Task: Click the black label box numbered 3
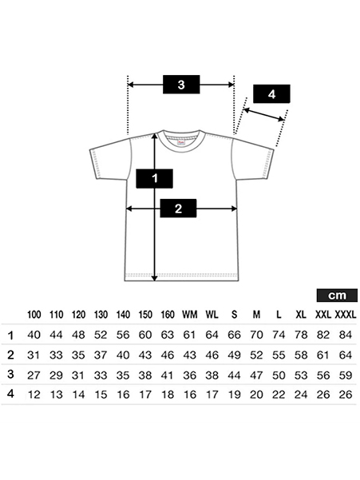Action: [x=181, y=85]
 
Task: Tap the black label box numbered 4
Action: [x=271, y=94]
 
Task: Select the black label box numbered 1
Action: [x=155, y=178]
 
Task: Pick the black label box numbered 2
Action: [x=178, y=208]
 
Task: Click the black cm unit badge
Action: [x=337, y=296]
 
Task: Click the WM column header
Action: [x=190, y=315]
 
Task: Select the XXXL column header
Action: [x=346, y=315]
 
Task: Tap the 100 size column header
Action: [x=34, y=315]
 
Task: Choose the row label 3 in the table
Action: [x=10, y=375]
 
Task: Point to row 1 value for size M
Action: [x=256, y=335]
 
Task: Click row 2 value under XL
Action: [x=301, y=355]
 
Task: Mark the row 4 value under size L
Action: [x=279, y=395]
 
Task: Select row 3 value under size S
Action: [x=234, y=375]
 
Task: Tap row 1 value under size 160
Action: [x=168, y=335]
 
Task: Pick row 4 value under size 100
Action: [x=34, y=395]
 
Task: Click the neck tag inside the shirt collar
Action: [x=181, y=143]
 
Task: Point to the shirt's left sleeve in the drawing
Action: [x=111, y=159]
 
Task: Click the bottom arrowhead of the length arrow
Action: [x=155, y=278]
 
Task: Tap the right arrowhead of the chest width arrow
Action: [x=234, y=208]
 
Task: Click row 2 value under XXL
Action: [x=323, y=355]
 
